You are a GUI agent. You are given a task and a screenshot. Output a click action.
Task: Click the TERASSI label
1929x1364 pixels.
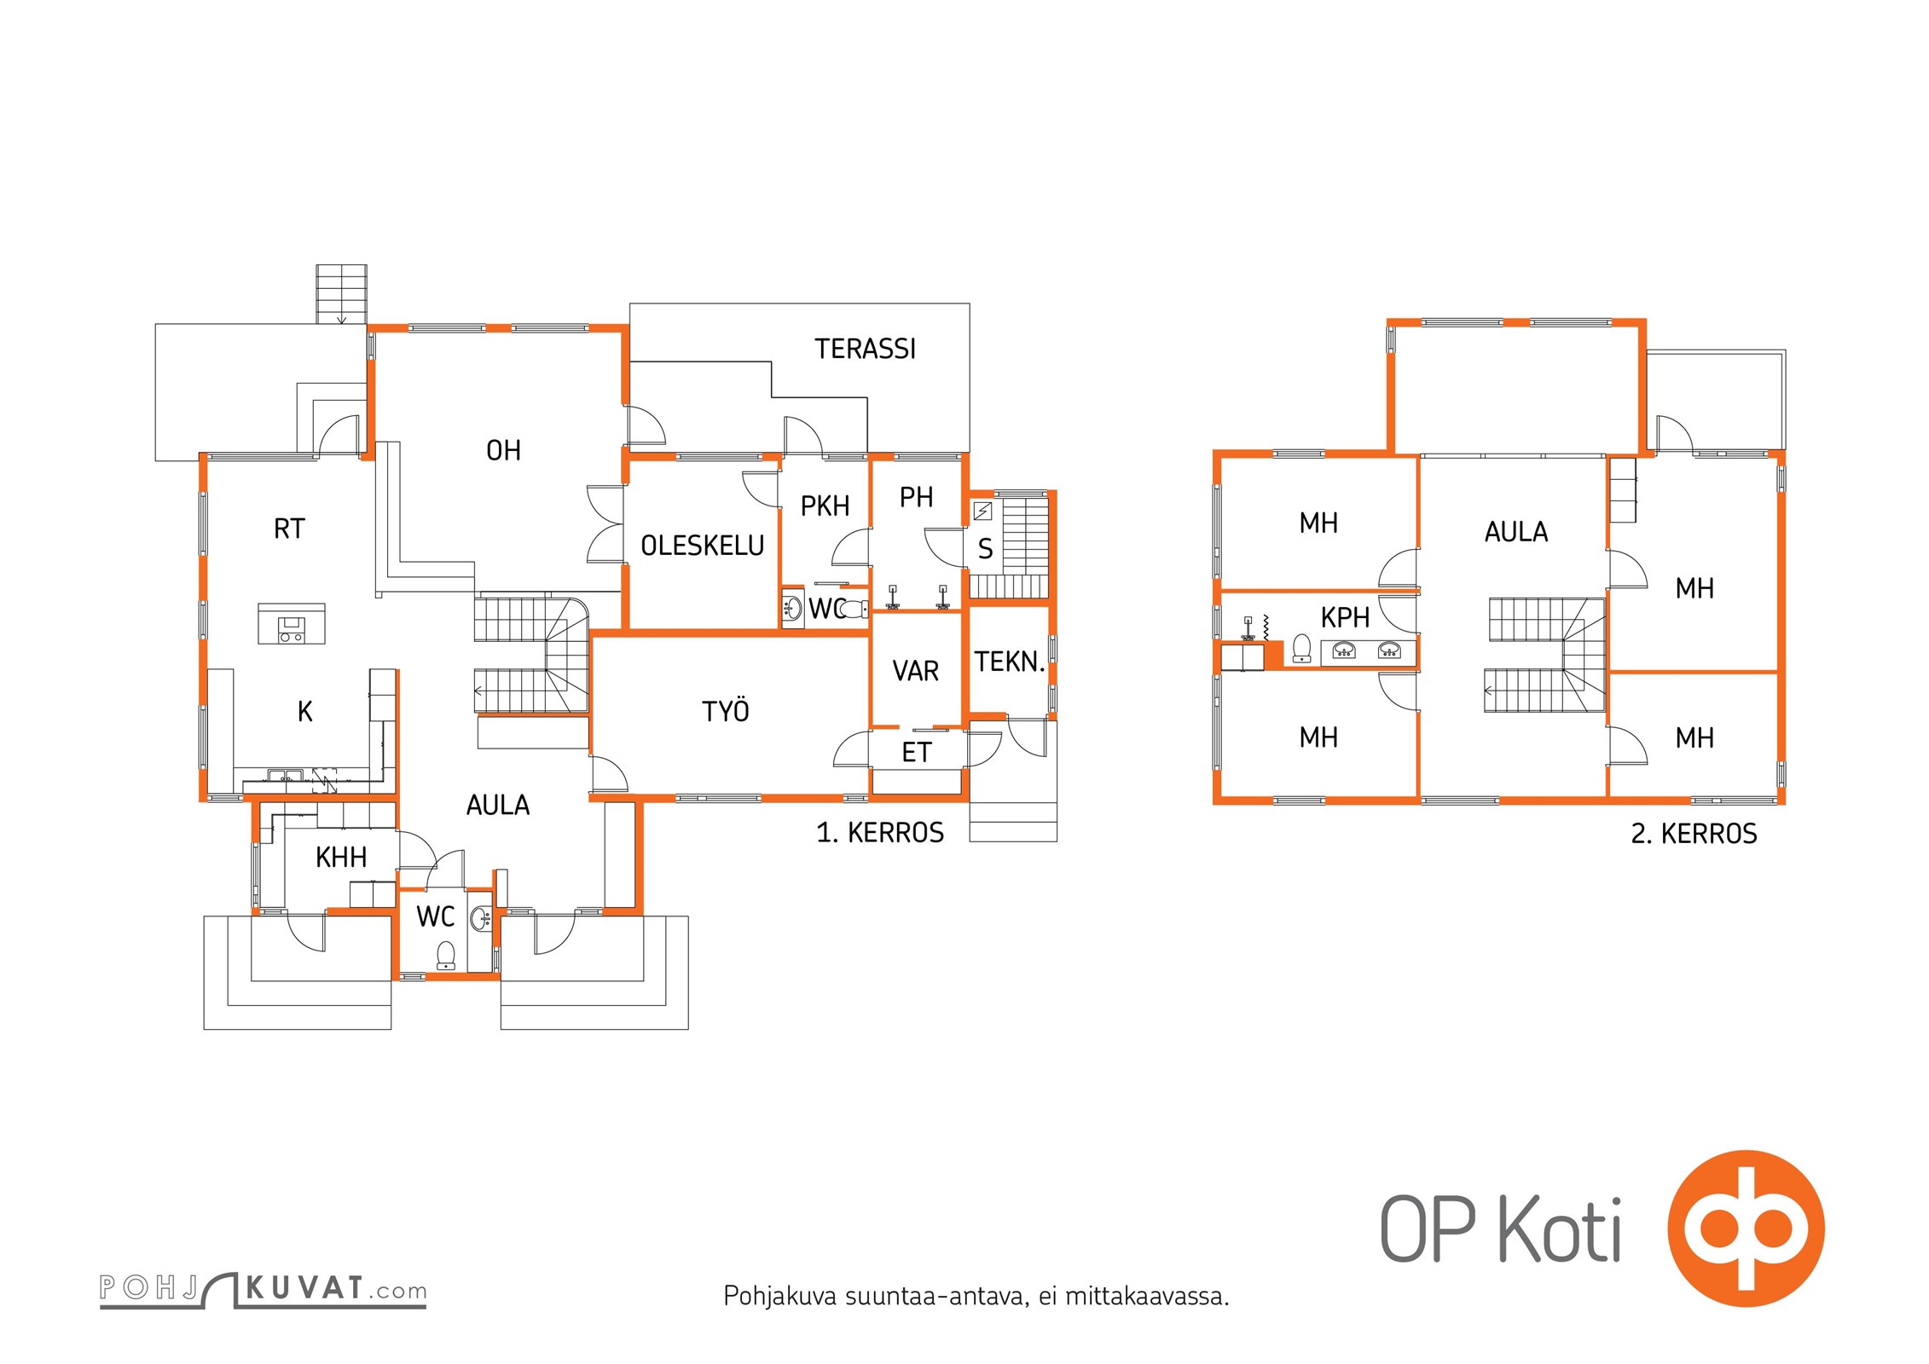point(865,349)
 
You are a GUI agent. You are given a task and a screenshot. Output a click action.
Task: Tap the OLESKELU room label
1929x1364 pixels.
point(702,546)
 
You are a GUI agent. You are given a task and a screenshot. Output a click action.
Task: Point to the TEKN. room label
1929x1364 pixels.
point(1010,662)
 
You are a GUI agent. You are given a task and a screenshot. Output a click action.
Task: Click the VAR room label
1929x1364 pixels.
point(915,671)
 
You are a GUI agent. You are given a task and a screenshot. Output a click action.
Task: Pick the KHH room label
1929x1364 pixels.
point(341,857)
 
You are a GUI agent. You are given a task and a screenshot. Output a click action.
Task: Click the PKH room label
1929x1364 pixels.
point(825,506)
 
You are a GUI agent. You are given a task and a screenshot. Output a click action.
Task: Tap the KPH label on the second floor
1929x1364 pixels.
point(1345,617)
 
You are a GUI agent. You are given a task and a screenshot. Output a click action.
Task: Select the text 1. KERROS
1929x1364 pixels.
point(880,832)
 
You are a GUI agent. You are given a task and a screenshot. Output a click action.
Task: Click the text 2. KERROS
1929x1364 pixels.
point(1694,833)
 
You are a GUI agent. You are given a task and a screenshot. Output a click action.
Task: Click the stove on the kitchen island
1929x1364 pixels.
point(292,629)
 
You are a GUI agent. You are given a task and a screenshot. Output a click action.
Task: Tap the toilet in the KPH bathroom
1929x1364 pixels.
point(1301,648)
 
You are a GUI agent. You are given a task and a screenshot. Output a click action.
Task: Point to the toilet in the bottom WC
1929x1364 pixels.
point(445,955)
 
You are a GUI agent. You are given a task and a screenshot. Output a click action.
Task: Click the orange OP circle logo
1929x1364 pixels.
point(1746,1228)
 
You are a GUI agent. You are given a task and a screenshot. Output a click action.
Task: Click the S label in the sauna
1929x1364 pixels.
point(985,549)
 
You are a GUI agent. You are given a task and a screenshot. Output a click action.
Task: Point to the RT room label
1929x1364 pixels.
point(289,529)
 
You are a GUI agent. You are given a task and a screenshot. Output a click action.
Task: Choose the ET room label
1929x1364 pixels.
point(916,752)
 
